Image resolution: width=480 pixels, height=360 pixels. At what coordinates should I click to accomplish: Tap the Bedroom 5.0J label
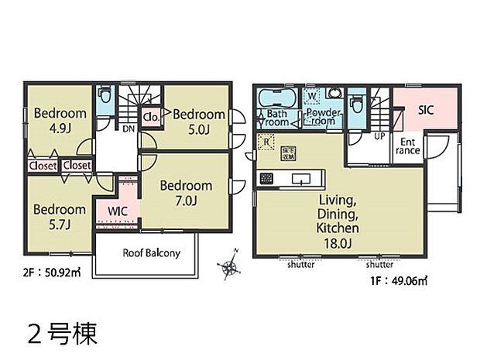click(199, 122)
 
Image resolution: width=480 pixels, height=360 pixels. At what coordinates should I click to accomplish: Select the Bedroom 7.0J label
click(186, 193)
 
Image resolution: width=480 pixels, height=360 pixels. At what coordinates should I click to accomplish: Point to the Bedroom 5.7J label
click(60, 217)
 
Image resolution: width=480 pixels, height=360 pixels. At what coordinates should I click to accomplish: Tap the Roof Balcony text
click(152, 253)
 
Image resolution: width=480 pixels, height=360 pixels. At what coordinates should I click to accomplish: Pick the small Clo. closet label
click(152, 117)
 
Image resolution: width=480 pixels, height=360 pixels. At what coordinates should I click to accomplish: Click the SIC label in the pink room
click(427, 111)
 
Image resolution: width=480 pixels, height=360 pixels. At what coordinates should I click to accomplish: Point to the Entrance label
click(409, 146)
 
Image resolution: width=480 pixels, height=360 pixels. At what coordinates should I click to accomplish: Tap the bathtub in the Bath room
click(275, 100)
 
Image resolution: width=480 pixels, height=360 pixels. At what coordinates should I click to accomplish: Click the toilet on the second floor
click(106, 98)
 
